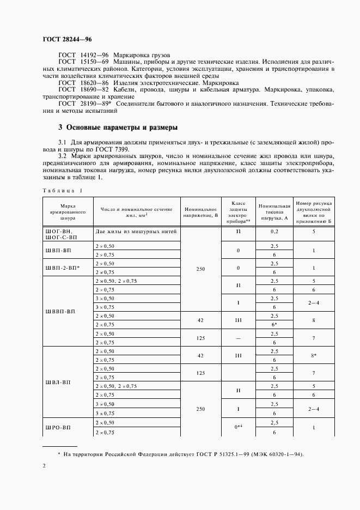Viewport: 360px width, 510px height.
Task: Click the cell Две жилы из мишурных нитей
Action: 136,232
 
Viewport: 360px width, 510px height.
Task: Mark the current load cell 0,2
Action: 274,232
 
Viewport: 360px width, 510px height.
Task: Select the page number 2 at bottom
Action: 44,466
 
